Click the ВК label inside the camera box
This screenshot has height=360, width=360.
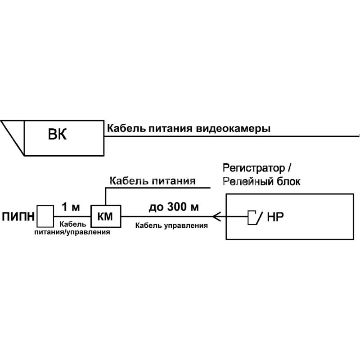[x=57, y=134]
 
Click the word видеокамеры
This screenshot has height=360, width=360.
[x=233, y=129]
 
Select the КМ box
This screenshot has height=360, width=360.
[x=106, y=216]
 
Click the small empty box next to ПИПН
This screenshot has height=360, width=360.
[x=45, y=216]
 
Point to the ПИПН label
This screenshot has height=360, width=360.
[x=18, y=216]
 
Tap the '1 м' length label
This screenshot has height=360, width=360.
[x=71, y=207]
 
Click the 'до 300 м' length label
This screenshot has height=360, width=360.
[x=174, y=207]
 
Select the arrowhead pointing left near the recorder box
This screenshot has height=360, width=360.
[x=217, y=216]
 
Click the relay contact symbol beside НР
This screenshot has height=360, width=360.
[x=254, y=217]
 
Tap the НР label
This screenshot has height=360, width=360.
[x=275, y=217]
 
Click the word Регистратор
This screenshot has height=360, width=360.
[x=254, y=168]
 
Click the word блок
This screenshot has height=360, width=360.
[x=288, y=182]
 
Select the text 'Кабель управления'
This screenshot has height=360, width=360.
[x=171, y=226]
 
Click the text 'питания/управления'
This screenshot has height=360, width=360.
[x=72, y=232]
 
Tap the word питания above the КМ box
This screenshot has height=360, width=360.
[x=174, y=181]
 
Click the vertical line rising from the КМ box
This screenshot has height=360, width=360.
[x=106, y=197]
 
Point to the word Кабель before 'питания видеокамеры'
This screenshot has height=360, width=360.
[x=126, y=128]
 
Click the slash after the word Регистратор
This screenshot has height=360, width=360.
[x=289, y=168]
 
